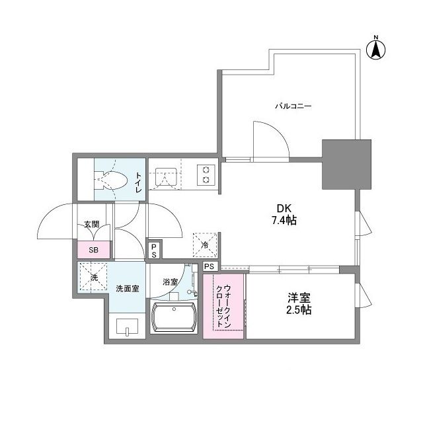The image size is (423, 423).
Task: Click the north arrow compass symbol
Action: point(376,50)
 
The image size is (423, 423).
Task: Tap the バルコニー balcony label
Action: point(293,106)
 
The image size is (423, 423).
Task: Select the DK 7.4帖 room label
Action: point(284,214)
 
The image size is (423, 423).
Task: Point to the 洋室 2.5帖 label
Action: point(299,304)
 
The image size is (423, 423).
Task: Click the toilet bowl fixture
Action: point(110,180)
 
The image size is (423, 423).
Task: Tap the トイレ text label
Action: point(138,182)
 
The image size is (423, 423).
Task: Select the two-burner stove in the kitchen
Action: point(206,175)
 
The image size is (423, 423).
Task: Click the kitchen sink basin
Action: point(166,176)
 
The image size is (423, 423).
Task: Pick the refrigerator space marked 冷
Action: point(205,245)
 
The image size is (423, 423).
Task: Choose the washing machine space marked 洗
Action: point(94,277)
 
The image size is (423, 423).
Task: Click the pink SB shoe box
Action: point(94,250)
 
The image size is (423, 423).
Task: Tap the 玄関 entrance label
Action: point(92,224)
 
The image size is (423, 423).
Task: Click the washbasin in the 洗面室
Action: point(127,326)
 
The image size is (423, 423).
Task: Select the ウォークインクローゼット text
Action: point(223,305)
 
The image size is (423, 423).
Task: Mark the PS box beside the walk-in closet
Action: point(210,266)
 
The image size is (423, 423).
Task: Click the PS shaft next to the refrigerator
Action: point(154,251)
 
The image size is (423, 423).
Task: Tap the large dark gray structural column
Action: point(346,165)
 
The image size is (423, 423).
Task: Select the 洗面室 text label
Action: point(128,289)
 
